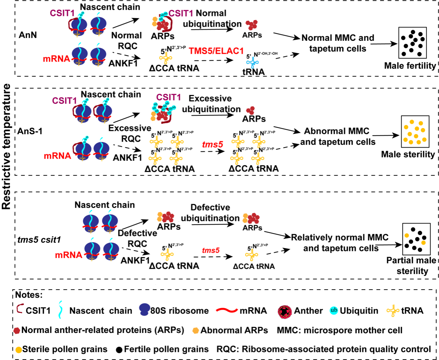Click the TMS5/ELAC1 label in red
(x=216, y=51)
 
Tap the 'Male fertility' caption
(x=410, y=66)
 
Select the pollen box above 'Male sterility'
(x=415, y=131)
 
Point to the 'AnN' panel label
(x=28, y=35)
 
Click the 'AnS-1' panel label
(x=30, y=131)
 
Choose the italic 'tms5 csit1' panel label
(x=39, y=240)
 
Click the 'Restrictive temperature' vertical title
(x=6, y=147)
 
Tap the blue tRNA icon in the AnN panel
(x=252, y=63)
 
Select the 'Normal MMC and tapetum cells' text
(x=338, y=43)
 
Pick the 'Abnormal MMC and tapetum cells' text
(x=337, y=137)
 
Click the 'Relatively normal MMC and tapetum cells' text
(x=340, y=243)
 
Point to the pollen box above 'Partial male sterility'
(x=416, y=239)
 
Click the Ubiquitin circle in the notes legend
(x=334, y=310)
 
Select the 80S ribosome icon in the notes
(x=144, y=309)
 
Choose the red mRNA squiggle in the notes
(x=227, y=310)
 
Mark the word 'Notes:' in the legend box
(x=29, y=295)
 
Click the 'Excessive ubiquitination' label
(x=211, y=104)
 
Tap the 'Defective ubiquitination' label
(x=210, y=213)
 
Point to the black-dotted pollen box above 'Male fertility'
(x=412, y=43)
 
